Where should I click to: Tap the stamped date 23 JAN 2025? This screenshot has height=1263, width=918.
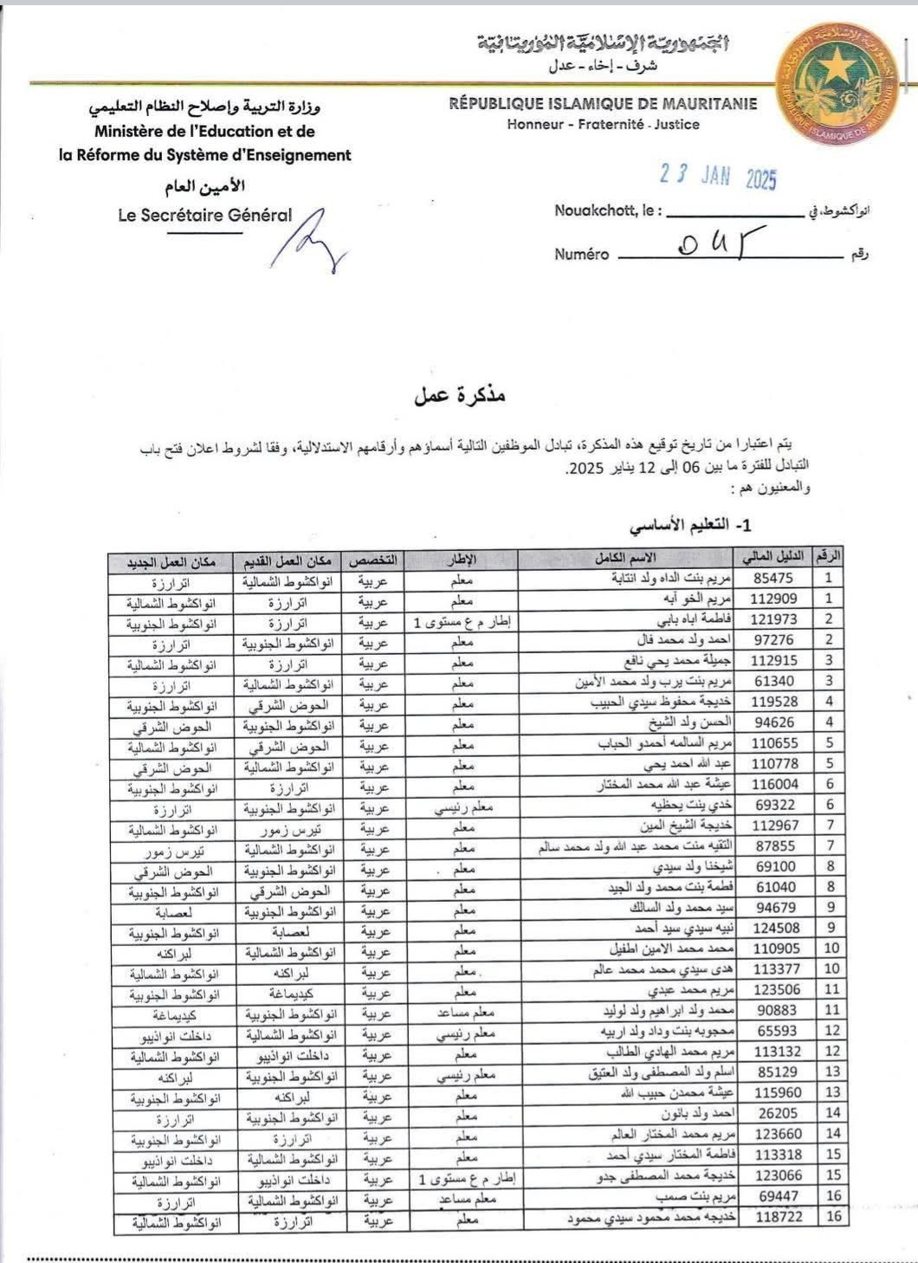(x=718, y=176)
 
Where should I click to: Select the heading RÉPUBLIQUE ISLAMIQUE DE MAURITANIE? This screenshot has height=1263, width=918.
(x=603, y=104)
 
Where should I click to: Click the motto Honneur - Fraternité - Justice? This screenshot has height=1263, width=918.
(x=603, y=125)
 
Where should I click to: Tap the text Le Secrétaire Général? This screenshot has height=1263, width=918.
(x=205, y=216)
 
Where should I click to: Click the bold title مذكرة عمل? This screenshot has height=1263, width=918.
(x=460, y=395)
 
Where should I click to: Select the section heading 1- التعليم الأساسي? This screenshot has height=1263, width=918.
(x=690, y=526)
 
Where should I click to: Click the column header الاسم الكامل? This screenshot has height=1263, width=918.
(x=625, y=559)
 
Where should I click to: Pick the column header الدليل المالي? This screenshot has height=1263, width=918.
(x=773, y=557)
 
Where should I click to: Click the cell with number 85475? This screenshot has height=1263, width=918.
(x=773, y=578)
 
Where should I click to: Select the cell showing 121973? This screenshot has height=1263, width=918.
(x=773, y=619)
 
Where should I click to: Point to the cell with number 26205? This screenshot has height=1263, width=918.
(x=778, y=1113)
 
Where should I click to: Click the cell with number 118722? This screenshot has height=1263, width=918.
(x=778, y=1217)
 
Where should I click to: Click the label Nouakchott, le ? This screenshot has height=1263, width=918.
(x=608, y=210)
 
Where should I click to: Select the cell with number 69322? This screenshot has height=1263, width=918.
(x=775, y=805)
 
